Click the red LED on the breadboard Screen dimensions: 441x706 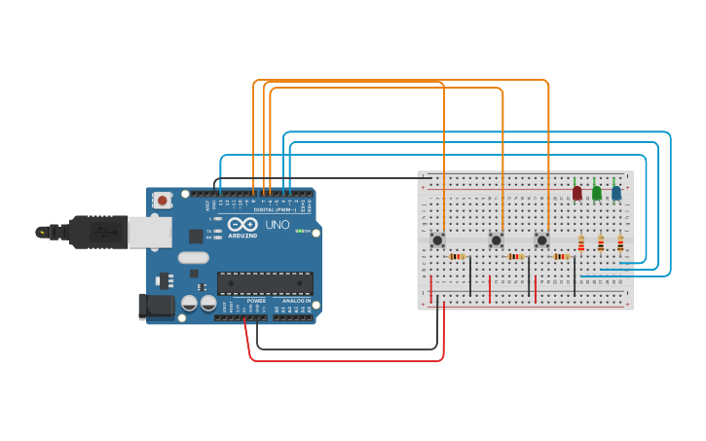click(577, 193)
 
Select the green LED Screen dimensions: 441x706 click(597, 193)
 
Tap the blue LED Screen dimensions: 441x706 click(616, 193)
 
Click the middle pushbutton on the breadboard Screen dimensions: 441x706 click(496, 239)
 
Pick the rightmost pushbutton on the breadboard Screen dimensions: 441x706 click(542, 239)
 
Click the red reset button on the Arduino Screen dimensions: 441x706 click(162, 201)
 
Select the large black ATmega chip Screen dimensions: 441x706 click(265, 283)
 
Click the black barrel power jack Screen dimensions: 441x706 click(156, 307)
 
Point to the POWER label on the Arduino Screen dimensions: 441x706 click(256, 301)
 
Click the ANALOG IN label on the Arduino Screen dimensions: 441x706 click(296, 301)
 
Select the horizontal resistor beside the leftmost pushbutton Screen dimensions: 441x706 click(457, 256)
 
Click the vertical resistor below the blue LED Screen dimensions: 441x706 click(620, 243)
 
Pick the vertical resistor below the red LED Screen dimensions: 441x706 click(581, 243)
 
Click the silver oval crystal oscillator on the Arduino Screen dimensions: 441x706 click(193, 258)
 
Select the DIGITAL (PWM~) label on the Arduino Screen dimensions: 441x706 click(275, 209)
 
